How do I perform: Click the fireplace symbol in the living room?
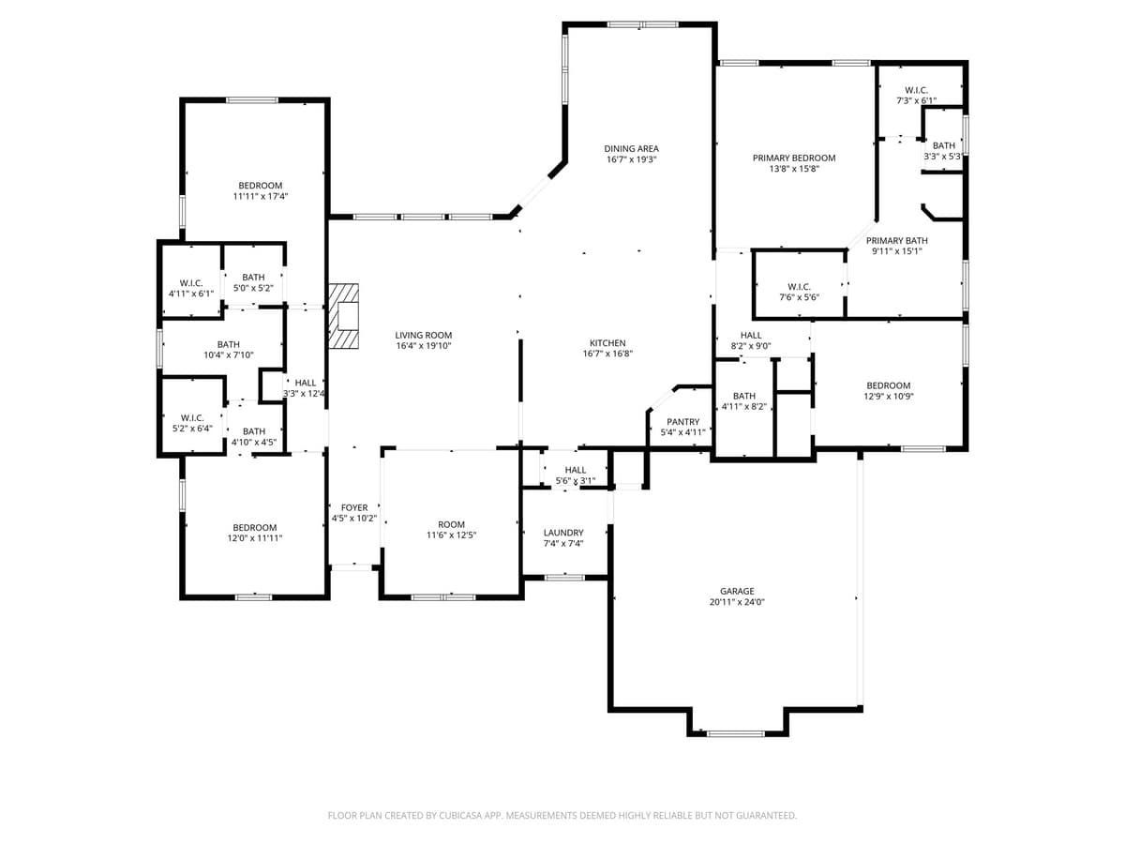point(344,316)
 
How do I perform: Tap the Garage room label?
point(737,592)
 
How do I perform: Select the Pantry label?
point(682,422)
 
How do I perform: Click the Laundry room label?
point(563,533)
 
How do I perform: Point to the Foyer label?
point(354,507)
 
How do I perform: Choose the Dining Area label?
point(631,148)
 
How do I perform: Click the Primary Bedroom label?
point(794,158)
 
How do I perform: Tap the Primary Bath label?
point(897,240)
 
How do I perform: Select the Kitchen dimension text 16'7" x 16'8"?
point(607,354)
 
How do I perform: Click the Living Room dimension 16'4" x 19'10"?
point(424,346)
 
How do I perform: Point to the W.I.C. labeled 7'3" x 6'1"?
point(916,95)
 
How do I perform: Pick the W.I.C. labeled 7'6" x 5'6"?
point(799,292)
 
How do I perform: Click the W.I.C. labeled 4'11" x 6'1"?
point(191,288)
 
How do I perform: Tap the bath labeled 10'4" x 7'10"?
point(229,350)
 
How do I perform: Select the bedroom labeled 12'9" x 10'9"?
point(888,391)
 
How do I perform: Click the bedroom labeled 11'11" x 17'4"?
point(260,191)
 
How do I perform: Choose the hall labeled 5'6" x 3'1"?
point(576,475)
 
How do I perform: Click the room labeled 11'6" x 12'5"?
point(452,530)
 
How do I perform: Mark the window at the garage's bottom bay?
point(736,733)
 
